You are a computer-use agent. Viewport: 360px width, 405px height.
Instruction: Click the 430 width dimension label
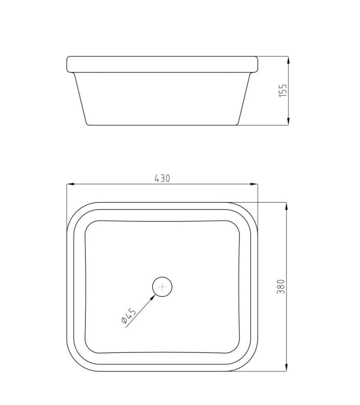[162, 178]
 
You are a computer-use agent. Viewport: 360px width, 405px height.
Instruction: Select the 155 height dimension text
[283, 90]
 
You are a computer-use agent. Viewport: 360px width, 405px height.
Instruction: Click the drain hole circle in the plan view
[162, 286]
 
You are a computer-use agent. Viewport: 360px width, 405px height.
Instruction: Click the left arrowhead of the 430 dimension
[70, 184]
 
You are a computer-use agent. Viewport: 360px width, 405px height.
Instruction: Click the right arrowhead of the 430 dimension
[255, 184]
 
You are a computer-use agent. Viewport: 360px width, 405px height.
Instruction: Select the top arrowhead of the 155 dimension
[288, 59]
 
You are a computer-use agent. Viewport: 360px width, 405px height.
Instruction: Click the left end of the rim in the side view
[68, 64]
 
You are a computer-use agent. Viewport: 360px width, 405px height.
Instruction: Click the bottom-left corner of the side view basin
[87, 123]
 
